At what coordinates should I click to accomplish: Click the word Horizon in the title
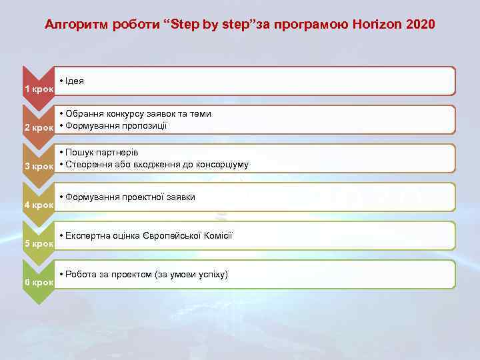coord(380,25)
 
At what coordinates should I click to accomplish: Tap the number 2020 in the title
coord(420,25)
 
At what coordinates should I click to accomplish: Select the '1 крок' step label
coord(39,89)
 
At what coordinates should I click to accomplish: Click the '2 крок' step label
coord(39,127)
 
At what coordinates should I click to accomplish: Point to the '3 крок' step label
coord(39,166)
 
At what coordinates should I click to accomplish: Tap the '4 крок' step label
coord(39,205)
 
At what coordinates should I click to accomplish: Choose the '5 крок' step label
coord(39,243)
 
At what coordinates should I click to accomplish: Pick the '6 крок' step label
coord(39,282)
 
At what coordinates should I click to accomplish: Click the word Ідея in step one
coord(75,81)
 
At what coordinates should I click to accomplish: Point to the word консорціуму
coord(220,164)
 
